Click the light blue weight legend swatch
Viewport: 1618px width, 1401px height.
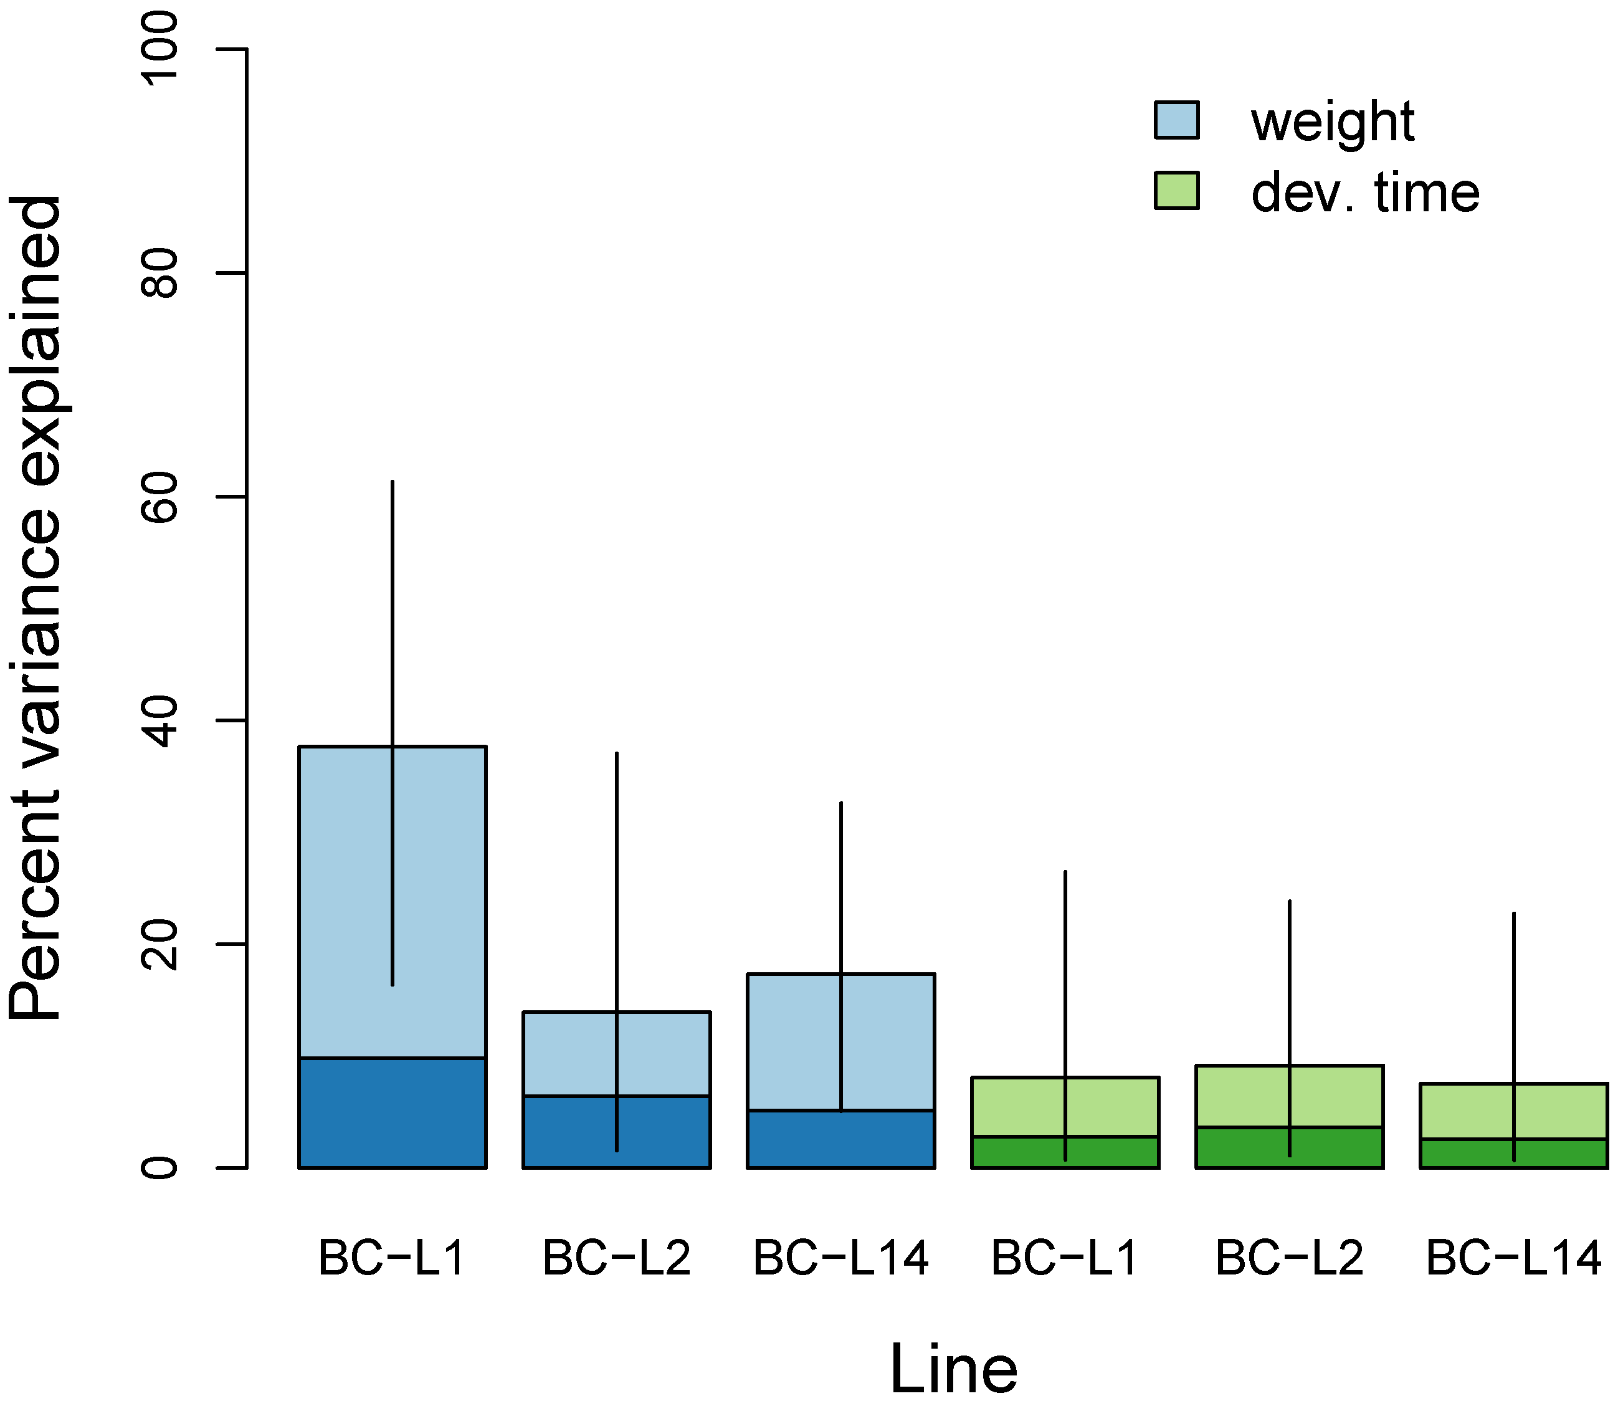coord(1176,120)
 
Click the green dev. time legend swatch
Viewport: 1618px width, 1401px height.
coord(1176,191)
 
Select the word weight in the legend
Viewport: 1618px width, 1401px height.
coord(1333,122)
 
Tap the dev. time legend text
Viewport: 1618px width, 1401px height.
coord(1365,193)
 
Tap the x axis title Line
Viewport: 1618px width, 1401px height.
coord(954,1367)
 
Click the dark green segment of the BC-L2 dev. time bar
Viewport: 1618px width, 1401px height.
coord(1243,1148)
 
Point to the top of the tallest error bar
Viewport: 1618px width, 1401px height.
coord(393,482)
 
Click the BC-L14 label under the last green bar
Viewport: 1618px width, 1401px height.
coord(1513,1258)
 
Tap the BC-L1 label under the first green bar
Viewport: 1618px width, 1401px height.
coord(1065,1258)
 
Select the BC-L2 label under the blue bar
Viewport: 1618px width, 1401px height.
coord(617,1258)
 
